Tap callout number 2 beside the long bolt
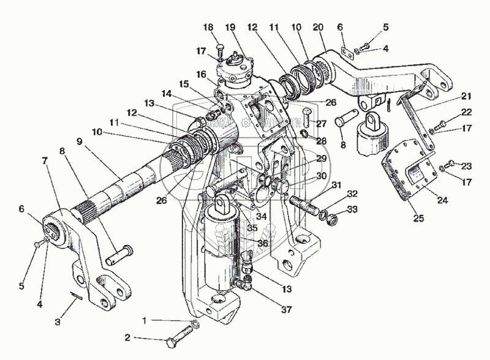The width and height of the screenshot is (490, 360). point(127,337)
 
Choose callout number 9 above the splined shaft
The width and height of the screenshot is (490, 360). point(80,141)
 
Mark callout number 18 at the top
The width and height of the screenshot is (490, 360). point(208,28)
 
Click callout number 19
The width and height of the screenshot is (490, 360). point(230,28)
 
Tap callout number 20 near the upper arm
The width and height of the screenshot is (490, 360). point(318,27)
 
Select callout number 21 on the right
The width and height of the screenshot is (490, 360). point(468,96)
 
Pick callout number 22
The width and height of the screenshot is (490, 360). point(467,112)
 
